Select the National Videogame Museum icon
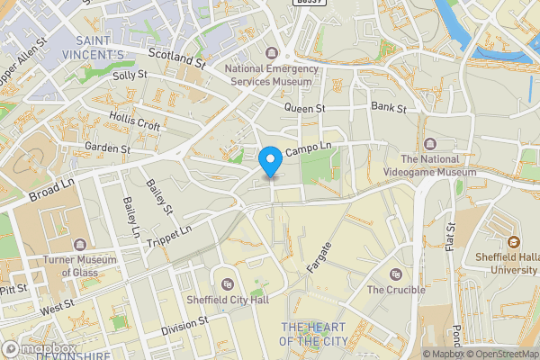click(429, 144)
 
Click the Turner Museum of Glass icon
click(81, 245)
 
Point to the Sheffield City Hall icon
click(227, 284)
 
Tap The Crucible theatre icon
click(394, 274)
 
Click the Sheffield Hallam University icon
click(514, 241)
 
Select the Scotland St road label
click(177, 58)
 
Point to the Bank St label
click(389, 108)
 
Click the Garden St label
click(107, 147)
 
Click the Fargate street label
click(319, 256)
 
